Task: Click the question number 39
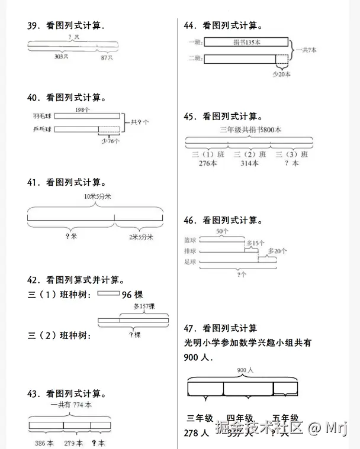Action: pyautogui.click(x=33, y=26)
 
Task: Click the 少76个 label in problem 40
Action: pyautogui.click(x=110, y=141)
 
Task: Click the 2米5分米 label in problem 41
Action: pyautogui.click(x=142, y=237)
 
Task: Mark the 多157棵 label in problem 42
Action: pyautogui.click(x=143, y=306)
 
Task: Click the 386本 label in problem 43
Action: pyautogui.click(x=43, y=442)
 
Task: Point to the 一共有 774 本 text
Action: pyautogui.click(x=71, y=405)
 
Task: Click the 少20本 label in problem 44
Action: pyautogui.click(x=281, y=75)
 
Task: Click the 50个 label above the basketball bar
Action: pyautogui.click(x=222, y=231)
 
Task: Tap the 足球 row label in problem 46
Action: pyautogui.click(x=190, y=262)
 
